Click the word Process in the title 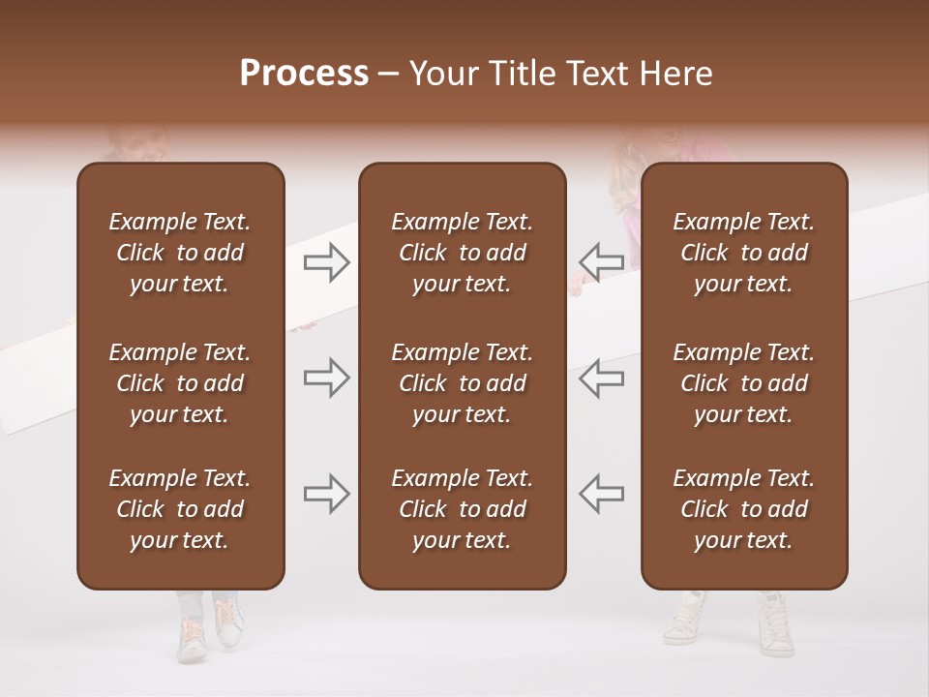[x=304, y=74]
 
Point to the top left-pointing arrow [x=601, y=261]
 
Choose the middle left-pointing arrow [x=601, y=378]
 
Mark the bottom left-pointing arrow [x=601, y=494]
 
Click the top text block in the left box [x=180, y=253]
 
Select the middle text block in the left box [x=180, y=383]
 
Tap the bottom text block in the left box [x=180, y=509]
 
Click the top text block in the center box [x=462, y=253]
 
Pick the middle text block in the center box [x=462, y=383]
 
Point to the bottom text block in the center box [x=462, y=509]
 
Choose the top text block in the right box [x=743, y=253]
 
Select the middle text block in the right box [x=743, y=383]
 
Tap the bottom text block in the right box [x=743, y=509]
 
